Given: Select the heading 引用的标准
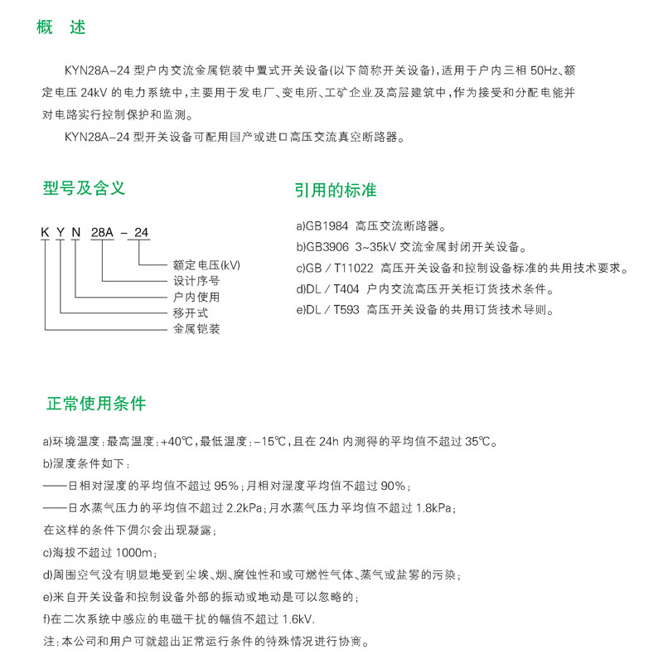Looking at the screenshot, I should click(x=335, y=190).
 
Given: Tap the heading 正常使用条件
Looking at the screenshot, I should click(x=96, y=404).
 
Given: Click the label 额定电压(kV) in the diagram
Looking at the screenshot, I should click(x=206, y=265).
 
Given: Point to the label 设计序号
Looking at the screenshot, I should click(x=196, y=281).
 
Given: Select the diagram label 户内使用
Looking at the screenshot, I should click(x=196, y=297).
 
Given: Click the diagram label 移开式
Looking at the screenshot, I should click(x=190, y=313).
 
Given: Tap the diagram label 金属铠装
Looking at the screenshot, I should click(x=196, y=328).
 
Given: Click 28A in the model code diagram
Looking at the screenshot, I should click(x=102, y=233).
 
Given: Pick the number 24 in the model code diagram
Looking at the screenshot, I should click(x=141, y=233).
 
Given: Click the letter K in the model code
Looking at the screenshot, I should click(x=45, y=233).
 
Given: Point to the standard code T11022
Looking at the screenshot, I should click(x=353, y=268).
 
